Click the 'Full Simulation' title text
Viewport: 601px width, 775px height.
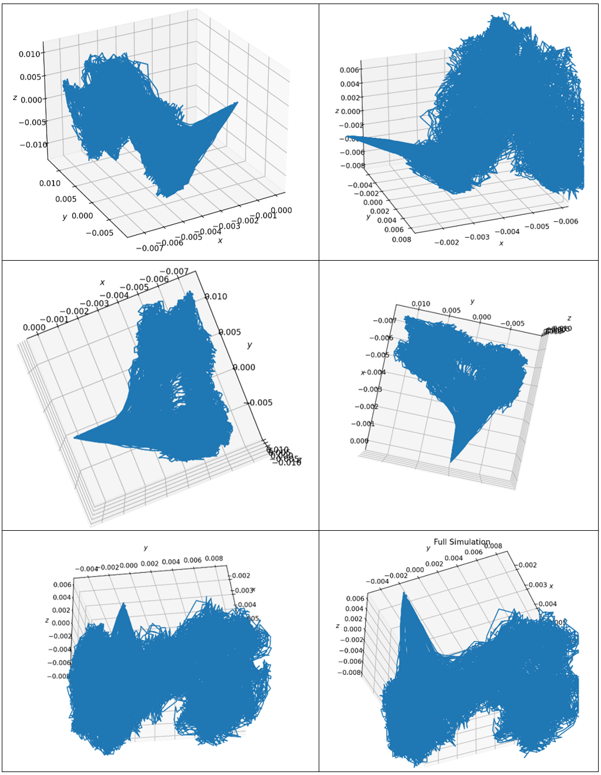pos(461,541)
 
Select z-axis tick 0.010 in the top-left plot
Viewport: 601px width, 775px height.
pos(29,54)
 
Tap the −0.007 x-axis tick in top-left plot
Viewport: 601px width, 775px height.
pos(149,248)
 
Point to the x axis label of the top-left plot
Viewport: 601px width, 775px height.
pos(220,241)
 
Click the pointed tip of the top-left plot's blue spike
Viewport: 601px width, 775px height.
pos(238,102)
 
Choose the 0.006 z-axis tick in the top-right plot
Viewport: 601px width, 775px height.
pos(349,70)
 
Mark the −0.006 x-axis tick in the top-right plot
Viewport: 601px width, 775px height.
pos(568,221)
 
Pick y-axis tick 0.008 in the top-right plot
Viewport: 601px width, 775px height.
pos(401,240)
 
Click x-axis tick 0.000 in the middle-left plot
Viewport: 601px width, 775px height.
pos(34,327)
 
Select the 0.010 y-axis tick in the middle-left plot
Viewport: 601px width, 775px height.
pos(216,296)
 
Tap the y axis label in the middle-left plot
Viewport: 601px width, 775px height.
pos(249,345)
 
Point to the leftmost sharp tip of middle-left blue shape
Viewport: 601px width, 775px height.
pos(75,437)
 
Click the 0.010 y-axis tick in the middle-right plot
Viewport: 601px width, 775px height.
pos(420,304)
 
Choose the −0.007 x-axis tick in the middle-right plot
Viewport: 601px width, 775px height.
pos(384,321)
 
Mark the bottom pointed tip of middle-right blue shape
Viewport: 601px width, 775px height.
pos(451,462)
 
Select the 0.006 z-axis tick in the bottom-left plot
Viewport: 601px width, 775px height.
pos(62,585)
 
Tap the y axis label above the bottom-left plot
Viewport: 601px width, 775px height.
pos(146,548)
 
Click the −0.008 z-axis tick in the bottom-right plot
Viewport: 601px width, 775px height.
pos(351,672)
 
